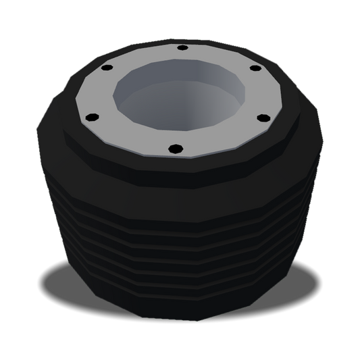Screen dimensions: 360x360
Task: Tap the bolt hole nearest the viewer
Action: tap(174, 148)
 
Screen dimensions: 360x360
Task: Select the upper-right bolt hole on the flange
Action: tap(255, 69)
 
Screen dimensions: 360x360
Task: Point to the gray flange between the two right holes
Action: tap(270, 91)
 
